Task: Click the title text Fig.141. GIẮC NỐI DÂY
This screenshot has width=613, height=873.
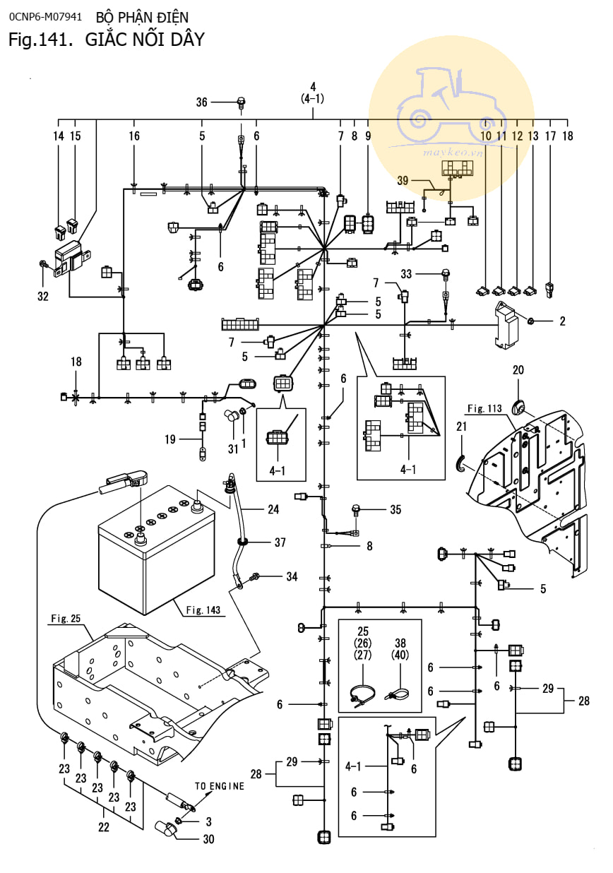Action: pos(106,40)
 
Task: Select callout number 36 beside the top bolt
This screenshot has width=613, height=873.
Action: pos(202,102)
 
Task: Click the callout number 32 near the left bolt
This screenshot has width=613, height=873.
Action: pos(43,296)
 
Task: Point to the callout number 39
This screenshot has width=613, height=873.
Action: pos(403,182)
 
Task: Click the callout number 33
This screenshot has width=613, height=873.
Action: pos(425,273)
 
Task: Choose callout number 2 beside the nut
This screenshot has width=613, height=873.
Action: pos(562,321)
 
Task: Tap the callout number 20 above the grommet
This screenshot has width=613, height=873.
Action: pos(518,370)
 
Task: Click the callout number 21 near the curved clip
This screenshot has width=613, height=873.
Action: pos(462,426)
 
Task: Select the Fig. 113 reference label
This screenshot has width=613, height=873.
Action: pos(484,408)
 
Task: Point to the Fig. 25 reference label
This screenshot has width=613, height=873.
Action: pos(66,619)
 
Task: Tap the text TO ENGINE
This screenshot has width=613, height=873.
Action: pos(220,785)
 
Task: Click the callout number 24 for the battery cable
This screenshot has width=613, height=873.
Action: pos(273,509)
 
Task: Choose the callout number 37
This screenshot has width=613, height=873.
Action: pos(280,542)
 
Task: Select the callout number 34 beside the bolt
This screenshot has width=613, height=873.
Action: pos(292,576)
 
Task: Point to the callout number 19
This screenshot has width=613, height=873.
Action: pos(170,439)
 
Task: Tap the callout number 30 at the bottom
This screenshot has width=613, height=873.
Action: pos(208,840)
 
